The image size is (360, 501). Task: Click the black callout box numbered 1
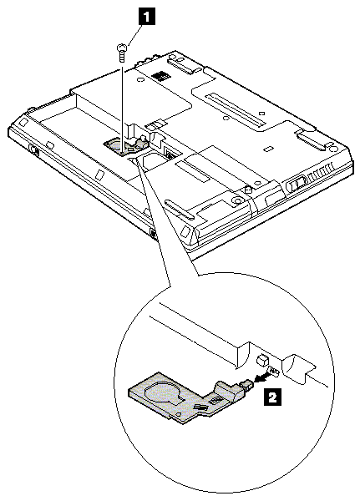[147, 17]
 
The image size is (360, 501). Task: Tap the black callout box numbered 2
[272, 397]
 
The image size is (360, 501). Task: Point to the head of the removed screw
[122, 48]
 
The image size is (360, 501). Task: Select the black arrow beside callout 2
[261, 378]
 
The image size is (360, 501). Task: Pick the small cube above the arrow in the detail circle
[261, 359]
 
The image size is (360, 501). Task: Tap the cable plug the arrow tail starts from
[274, 371]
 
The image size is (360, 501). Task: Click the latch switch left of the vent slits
[297, 185]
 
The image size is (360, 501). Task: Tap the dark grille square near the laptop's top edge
[160, 76]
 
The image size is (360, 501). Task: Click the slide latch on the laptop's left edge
[34, 149]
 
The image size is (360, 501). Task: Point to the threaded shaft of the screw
[121, 57]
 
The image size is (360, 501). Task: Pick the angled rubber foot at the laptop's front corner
[185, 231]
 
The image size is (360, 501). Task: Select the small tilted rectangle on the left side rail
[99, 175]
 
